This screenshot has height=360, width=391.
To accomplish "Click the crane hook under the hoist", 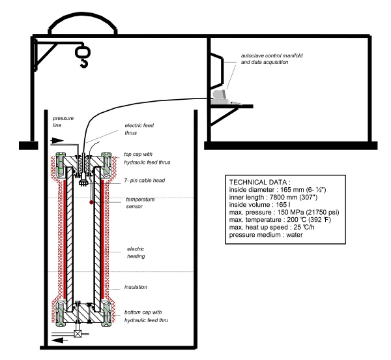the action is click(x=84, y=63).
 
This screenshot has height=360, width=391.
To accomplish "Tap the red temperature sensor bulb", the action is click(x=91, y=202).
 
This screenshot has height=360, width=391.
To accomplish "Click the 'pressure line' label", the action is click(x=63, y=121).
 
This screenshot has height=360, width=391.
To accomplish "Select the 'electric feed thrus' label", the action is click(x=139, y=129).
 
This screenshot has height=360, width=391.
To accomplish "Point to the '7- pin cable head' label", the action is click(x=145, y=181).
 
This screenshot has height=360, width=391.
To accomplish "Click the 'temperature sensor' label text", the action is click(x=140, y=203).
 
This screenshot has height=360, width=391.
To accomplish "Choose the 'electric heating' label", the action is click(x=136, y=252).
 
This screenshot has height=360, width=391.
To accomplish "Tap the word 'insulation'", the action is click(x=136, y=287).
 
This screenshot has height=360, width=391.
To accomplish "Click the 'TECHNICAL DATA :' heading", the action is click(x=260, y=182).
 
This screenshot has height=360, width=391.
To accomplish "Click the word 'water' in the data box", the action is click(x=295, y=235).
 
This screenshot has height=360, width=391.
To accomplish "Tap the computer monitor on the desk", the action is click(x=220, y=95).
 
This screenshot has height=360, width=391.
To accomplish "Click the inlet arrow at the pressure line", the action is click(x=57, y=141).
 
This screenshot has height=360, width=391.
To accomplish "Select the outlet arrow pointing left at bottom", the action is click(x=60, y=340).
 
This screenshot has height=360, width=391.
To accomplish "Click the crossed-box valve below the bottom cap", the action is click(x=78, y=334).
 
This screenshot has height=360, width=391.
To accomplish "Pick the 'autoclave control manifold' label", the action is click(x=272, y=55).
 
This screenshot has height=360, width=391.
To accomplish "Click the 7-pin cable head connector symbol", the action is click(x=82, y=181).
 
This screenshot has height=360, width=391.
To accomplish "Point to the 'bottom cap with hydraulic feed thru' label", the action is click(x=146, y=316).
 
